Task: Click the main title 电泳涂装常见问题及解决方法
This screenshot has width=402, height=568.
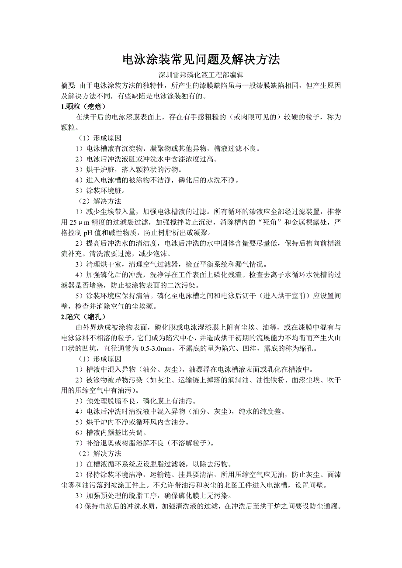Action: click(x=201, y=59)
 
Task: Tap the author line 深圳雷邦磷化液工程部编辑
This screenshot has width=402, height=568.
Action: click(x=201, y=75)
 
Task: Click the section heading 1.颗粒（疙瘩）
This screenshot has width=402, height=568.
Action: click(x=83, y=106)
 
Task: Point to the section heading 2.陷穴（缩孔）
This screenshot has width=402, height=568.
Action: click(x=83, y=317)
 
